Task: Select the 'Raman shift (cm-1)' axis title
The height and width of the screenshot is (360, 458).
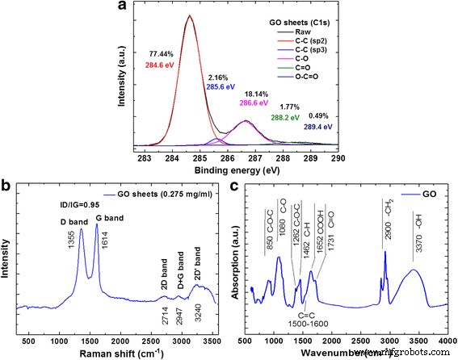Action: [120, 352]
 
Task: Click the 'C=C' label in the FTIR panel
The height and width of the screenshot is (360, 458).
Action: [307, 316]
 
